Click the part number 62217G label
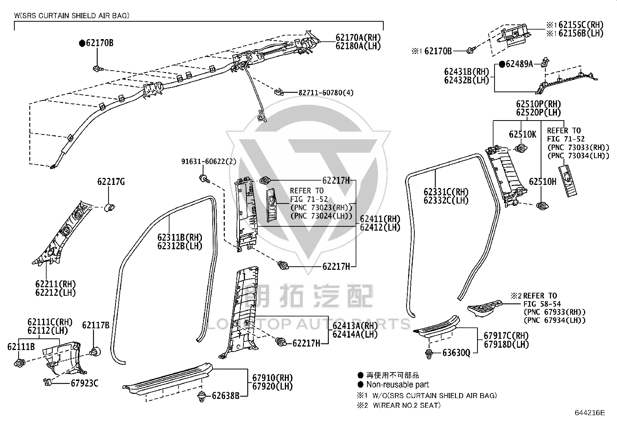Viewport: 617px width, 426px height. point(111,181)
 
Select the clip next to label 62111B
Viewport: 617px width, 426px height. point(19,363)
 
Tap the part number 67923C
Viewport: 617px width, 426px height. point(84,383)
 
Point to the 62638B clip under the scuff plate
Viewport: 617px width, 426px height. point(202,396)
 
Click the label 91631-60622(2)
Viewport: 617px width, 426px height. point(209,162)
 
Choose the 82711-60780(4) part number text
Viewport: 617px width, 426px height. point(326,93)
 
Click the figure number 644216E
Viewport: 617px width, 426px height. point(590,412)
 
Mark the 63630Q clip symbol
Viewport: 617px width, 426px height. point(429,354)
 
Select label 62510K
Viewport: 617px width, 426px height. point(522,135)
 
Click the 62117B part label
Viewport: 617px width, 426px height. point(96,325)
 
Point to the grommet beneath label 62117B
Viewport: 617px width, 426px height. point(95,352)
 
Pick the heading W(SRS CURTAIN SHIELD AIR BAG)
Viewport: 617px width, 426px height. point(72,16)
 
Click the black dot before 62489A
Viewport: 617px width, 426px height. point(502,64)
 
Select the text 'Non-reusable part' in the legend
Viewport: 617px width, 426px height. point(398,385)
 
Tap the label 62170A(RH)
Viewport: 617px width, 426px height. point(358,37)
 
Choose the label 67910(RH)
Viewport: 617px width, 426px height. point(272,378)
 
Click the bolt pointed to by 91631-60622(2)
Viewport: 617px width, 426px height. point(204,179)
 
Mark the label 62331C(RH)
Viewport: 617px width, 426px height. point(446,192)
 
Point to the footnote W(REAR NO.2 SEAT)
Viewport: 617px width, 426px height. point(407,405)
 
